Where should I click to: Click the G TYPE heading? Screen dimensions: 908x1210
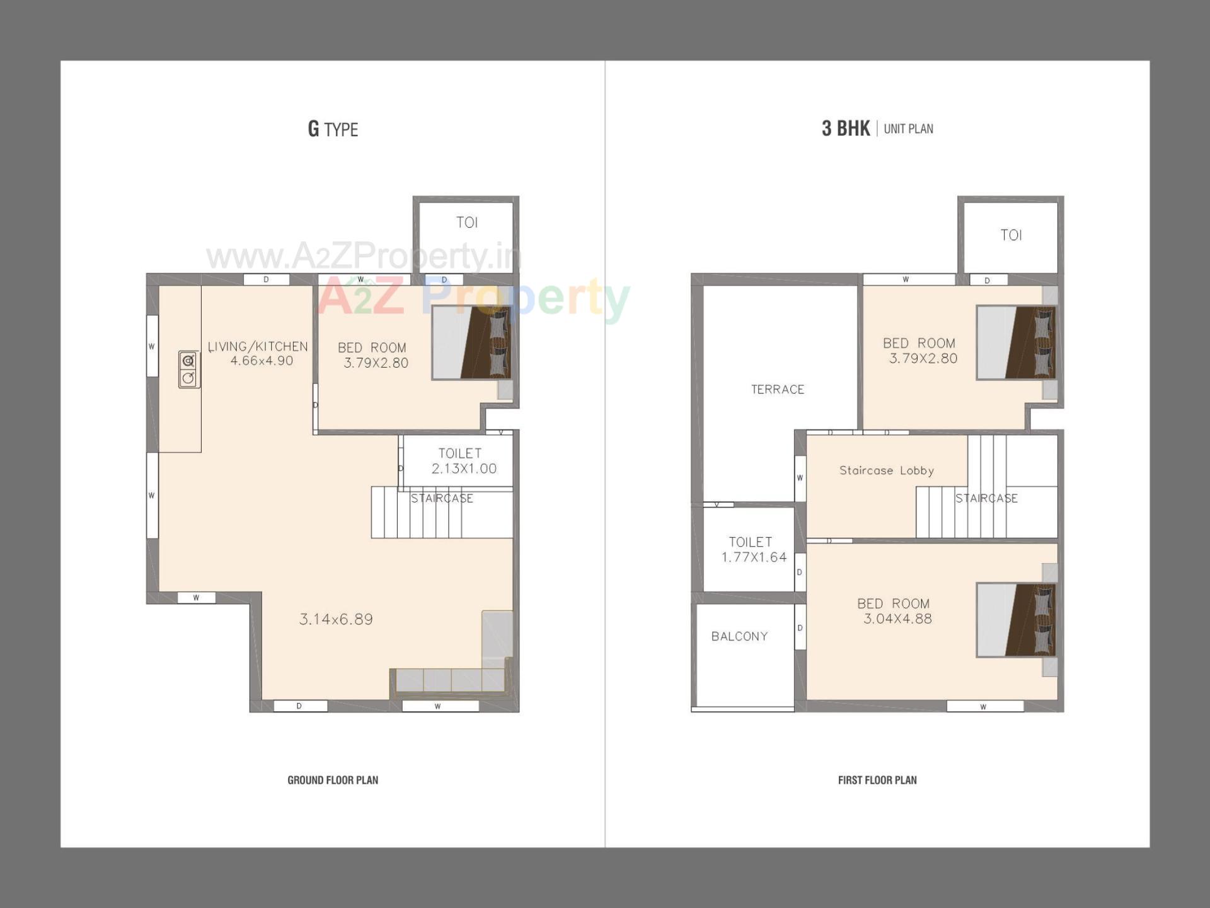click(x=333, y=129)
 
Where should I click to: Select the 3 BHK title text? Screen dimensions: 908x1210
click(x=845, y=129)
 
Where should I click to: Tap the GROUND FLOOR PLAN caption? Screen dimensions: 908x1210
click(x=333, y=780)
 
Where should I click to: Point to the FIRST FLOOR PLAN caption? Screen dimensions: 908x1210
click(x=877, y=780)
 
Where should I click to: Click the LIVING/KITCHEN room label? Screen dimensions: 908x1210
click(x=258, y=347)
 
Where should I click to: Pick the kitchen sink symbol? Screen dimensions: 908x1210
click(x=188, y=369)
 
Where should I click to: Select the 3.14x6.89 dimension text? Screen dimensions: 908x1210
click(x=336, y=619)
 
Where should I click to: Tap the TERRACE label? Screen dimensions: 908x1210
click(x=778, y=390)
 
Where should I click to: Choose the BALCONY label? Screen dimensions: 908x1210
click(x=739, y=636)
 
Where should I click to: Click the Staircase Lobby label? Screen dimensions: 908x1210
click(x=886, y=470)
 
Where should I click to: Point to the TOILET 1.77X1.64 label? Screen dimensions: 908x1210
click(x=753, y=549)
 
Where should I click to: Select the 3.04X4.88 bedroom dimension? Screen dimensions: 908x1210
click(x=897, y=619)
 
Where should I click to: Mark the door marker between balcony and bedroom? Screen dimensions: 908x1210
click(x=800, y=627)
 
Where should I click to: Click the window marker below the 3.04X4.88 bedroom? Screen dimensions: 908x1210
click(x=984, y=707)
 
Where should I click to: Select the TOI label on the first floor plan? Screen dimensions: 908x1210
click(x=1011, y=235)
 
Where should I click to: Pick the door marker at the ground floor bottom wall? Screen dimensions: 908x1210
click(x=299, y=706)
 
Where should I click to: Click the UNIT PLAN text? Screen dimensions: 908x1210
click(x=908, y=129)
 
